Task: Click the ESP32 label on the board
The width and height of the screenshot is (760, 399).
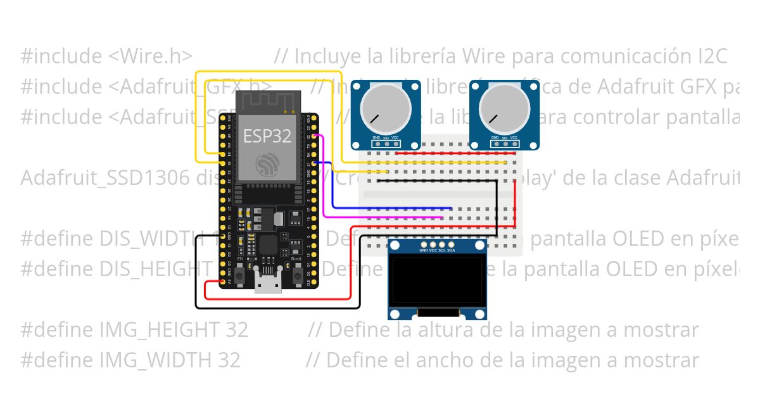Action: [267, 134]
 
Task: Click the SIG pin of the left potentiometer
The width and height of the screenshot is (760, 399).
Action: [386, 144]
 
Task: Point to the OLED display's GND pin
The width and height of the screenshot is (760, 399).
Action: [424, 244]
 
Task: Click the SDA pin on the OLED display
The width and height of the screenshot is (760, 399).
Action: [451, 244]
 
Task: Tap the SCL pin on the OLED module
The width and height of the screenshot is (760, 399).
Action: [442, 244]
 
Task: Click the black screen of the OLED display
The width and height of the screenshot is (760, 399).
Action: [437, 281]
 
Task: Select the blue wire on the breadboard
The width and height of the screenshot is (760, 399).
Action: [393, 208]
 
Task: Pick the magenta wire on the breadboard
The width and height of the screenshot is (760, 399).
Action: [386, 217]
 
